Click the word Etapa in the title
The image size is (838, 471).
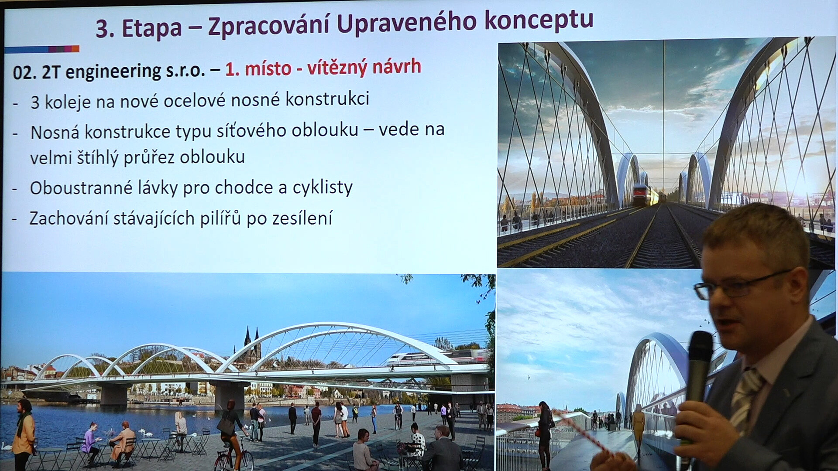[x=151, y=28]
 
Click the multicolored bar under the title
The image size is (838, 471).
[x=42, y=49]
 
